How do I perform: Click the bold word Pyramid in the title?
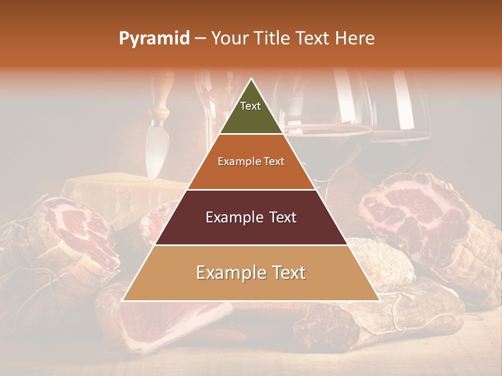154,38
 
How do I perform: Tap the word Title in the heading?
271,38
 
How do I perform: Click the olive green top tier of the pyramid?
251,115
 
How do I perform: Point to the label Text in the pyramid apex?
250,106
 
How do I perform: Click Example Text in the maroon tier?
251,217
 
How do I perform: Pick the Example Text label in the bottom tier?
251,273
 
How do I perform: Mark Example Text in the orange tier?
251,161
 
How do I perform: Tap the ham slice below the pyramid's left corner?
157,324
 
